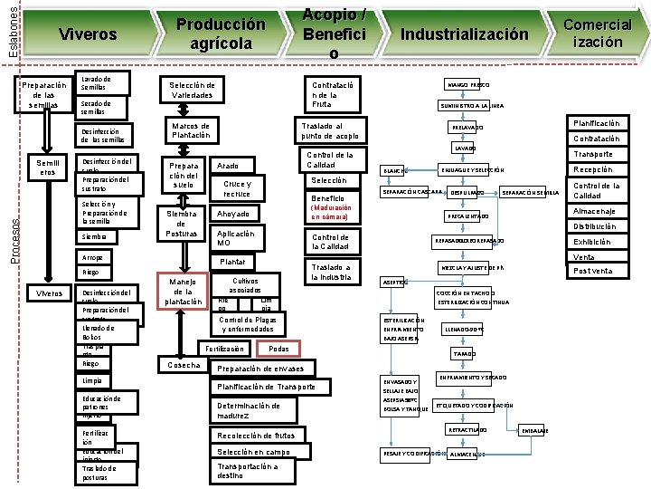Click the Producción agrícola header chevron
pyautogui.click(x=221, y=34)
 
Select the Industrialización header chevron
pyautogui.click(x=464, y=34)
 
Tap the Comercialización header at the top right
pyautogui.click(x=597, y=34)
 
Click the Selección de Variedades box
pyautogui.click(x=191, y=90)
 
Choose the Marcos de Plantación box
pyautogui.click(x=190, y=130)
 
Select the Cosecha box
pyautogui.click(x=184, y=365)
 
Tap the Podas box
pyautogui.click(x=279, y=349)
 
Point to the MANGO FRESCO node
pyautogui.click(x=467, y=85)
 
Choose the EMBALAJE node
pyautogui.click(x=534, y=431)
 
